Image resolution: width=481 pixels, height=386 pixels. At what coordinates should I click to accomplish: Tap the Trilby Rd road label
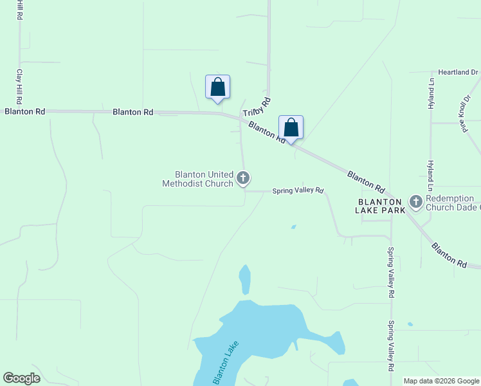[258, 107]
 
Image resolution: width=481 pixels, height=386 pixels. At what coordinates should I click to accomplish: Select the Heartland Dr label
[458, 73]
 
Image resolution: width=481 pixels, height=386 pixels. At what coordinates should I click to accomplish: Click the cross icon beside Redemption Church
[415, 203]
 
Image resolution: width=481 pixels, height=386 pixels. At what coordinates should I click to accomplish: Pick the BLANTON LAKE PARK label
[381, 205]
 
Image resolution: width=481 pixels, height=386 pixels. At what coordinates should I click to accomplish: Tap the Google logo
[21, 378]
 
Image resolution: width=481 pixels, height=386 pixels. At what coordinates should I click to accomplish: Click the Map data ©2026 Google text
[441, 381]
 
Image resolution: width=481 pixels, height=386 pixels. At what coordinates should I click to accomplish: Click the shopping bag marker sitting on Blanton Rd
[291, 127]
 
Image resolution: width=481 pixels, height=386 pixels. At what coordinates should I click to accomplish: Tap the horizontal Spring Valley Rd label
[297, 191]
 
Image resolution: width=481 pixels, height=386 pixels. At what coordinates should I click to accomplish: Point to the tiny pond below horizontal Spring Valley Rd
[293, 226]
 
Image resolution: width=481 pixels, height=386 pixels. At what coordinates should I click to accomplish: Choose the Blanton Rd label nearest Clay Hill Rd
[24, 111]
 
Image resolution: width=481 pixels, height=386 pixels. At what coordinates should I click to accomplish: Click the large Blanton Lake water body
[270, 328]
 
